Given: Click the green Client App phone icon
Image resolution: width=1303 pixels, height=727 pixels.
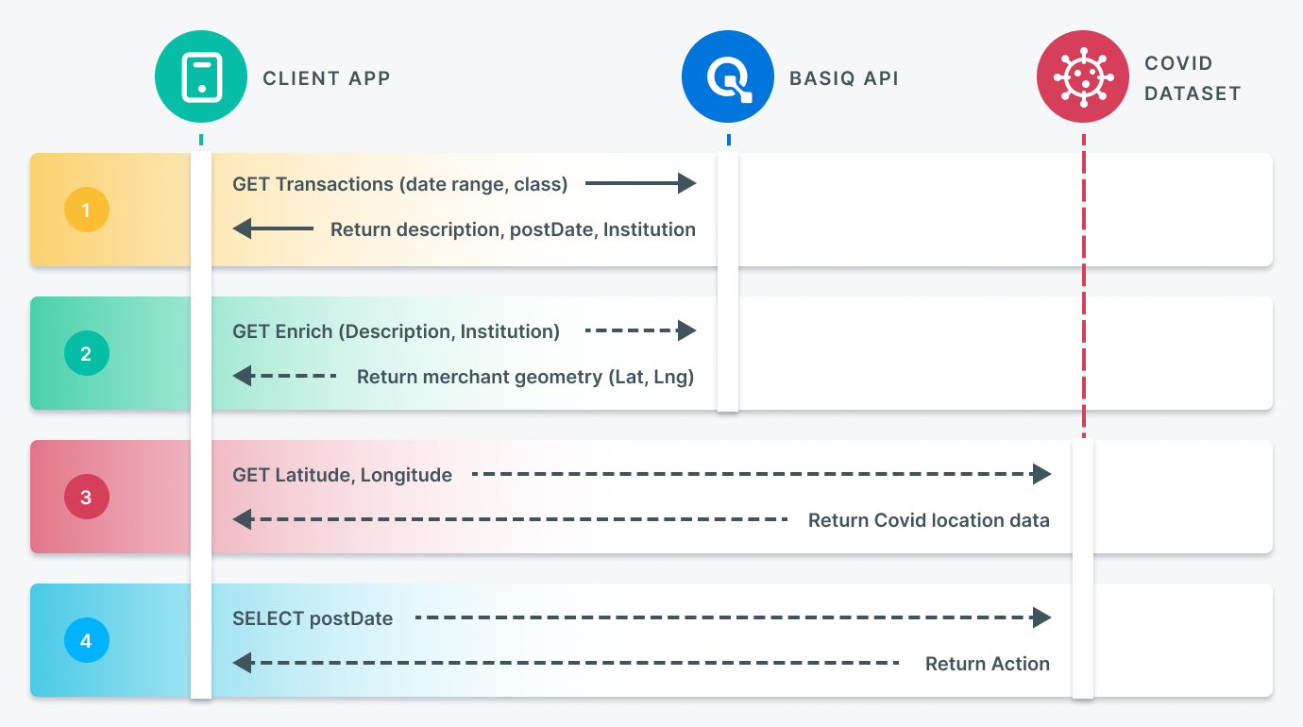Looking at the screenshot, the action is (201, 76).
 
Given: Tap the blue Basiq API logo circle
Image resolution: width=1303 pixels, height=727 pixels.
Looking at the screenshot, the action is (728, 76).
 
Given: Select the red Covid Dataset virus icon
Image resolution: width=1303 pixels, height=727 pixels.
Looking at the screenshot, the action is (1083, 76).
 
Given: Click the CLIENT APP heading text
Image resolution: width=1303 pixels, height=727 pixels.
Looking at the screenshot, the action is (327, 78).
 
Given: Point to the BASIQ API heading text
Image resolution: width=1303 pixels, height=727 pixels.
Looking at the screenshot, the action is (844, 78).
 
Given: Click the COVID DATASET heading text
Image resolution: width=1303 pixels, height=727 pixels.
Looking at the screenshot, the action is (1193, 78).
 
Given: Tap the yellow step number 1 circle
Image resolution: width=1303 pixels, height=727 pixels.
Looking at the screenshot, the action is (87, 210).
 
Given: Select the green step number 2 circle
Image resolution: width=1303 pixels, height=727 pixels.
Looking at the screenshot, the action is (87, 353).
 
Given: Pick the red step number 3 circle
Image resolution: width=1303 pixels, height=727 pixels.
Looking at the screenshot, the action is (87, 497).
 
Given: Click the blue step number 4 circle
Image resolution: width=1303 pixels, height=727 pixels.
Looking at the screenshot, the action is (87, 640).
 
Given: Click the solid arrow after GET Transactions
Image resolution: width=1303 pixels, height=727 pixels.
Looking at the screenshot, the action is (640, 183).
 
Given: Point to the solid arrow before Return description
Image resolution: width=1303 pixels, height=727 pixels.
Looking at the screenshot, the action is (273, 228).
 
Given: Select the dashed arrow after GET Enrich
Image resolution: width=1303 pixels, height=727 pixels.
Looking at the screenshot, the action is (640, 330).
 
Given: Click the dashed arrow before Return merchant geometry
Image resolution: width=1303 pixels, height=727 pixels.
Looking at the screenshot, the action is (284, 376).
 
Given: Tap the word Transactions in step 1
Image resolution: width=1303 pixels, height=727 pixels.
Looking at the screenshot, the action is (334, 184).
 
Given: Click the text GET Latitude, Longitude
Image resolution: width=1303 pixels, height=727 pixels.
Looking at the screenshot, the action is (342, 475).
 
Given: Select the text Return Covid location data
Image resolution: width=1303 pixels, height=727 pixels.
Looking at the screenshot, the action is (929, 520).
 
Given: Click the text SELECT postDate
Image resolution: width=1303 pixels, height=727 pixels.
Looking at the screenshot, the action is (313, 618).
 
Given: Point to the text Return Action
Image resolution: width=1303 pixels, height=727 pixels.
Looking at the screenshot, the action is (988, 664).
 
